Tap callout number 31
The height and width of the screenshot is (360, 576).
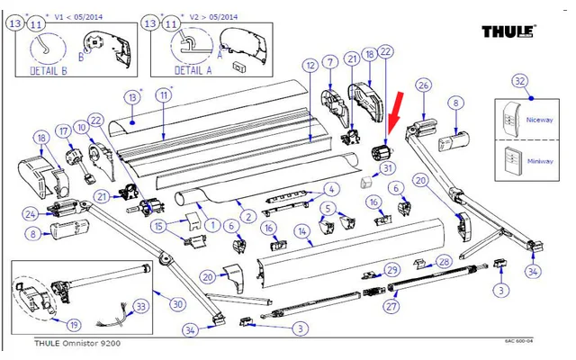389,167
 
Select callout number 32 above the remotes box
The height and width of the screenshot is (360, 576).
520,81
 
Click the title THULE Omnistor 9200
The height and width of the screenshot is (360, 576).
76,343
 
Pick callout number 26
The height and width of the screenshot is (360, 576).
424,85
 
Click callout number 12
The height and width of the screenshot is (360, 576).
310,65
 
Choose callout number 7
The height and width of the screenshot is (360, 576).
330,61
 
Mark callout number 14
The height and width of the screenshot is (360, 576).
304,230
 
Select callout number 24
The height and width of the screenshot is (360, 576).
30,213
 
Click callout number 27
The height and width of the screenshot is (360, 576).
391,307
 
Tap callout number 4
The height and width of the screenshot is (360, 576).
330,189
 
